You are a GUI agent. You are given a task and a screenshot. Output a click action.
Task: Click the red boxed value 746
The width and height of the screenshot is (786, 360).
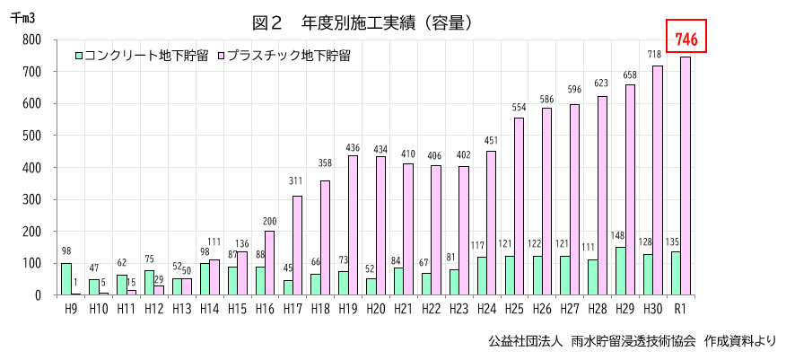pos(687,38)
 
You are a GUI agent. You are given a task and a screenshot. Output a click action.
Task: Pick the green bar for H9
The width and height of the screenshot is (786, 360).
pos(66,279)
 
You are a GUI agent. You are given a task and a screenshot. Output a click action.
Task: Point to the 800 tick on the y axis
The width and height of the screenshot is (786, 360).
pos(31,40)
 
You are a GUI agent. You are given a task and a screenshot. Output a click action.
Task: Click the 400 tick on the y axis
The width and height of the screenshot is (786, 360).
pos(31,168)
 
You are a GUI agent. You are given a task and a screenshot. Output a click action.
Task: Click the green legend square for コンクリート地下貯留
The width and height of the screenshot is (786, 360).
pos(79,55)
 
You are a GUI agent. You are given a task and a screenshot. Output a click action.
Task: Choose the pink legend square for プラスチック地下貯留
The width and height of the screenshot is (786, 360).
pos(220,55)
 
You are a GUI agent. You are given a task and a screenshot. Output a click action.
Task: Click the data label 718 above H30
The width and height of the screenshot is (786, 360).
pos(658,55)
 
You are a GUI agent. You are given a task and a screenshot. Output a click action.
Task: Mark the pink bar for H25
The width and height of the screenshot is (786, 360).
pos(518,206)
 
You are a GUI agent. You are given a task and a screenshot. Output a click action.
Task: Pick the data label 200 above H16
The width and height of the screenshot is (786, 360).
pos(269,222)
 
